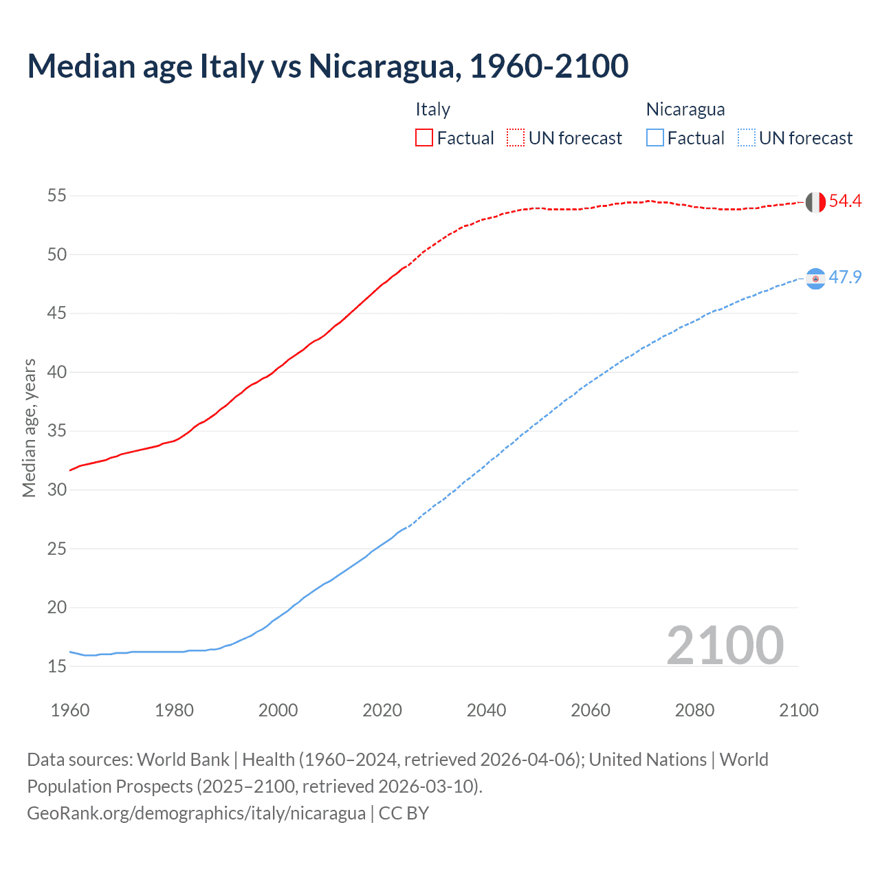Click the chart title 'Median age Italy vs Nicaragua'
pos(327,66)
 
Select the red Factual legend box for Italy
pos(424,137)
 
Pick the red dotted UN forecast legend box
pos(516,137)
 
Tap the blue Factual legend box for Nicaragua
pos(655,137)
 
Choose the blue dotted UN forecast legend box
pos(746,137)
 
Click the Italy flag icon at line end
pos(815,202)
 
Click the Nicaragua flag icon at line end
pos(815,278)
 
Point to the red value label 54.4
pos(845,201)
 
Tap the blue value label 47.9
pos(845,277)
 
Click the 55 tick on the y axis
pos(57,196)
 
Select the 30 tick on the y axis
pos(57,490)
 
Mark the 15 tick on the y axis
pos(57,666)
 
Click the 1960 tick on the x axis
pos(70,710)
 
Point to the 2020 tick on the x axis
pos(382,710)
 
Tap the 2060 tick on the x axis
pos(591,710)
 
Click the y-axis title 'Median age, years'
pos(29,428)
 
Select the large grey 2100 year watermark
pos(725,645)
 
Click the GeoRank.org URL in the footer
pos(196,813)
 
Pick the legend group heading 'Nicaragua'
pos(685,109)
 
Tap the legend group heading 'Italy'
pos(432,109)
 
